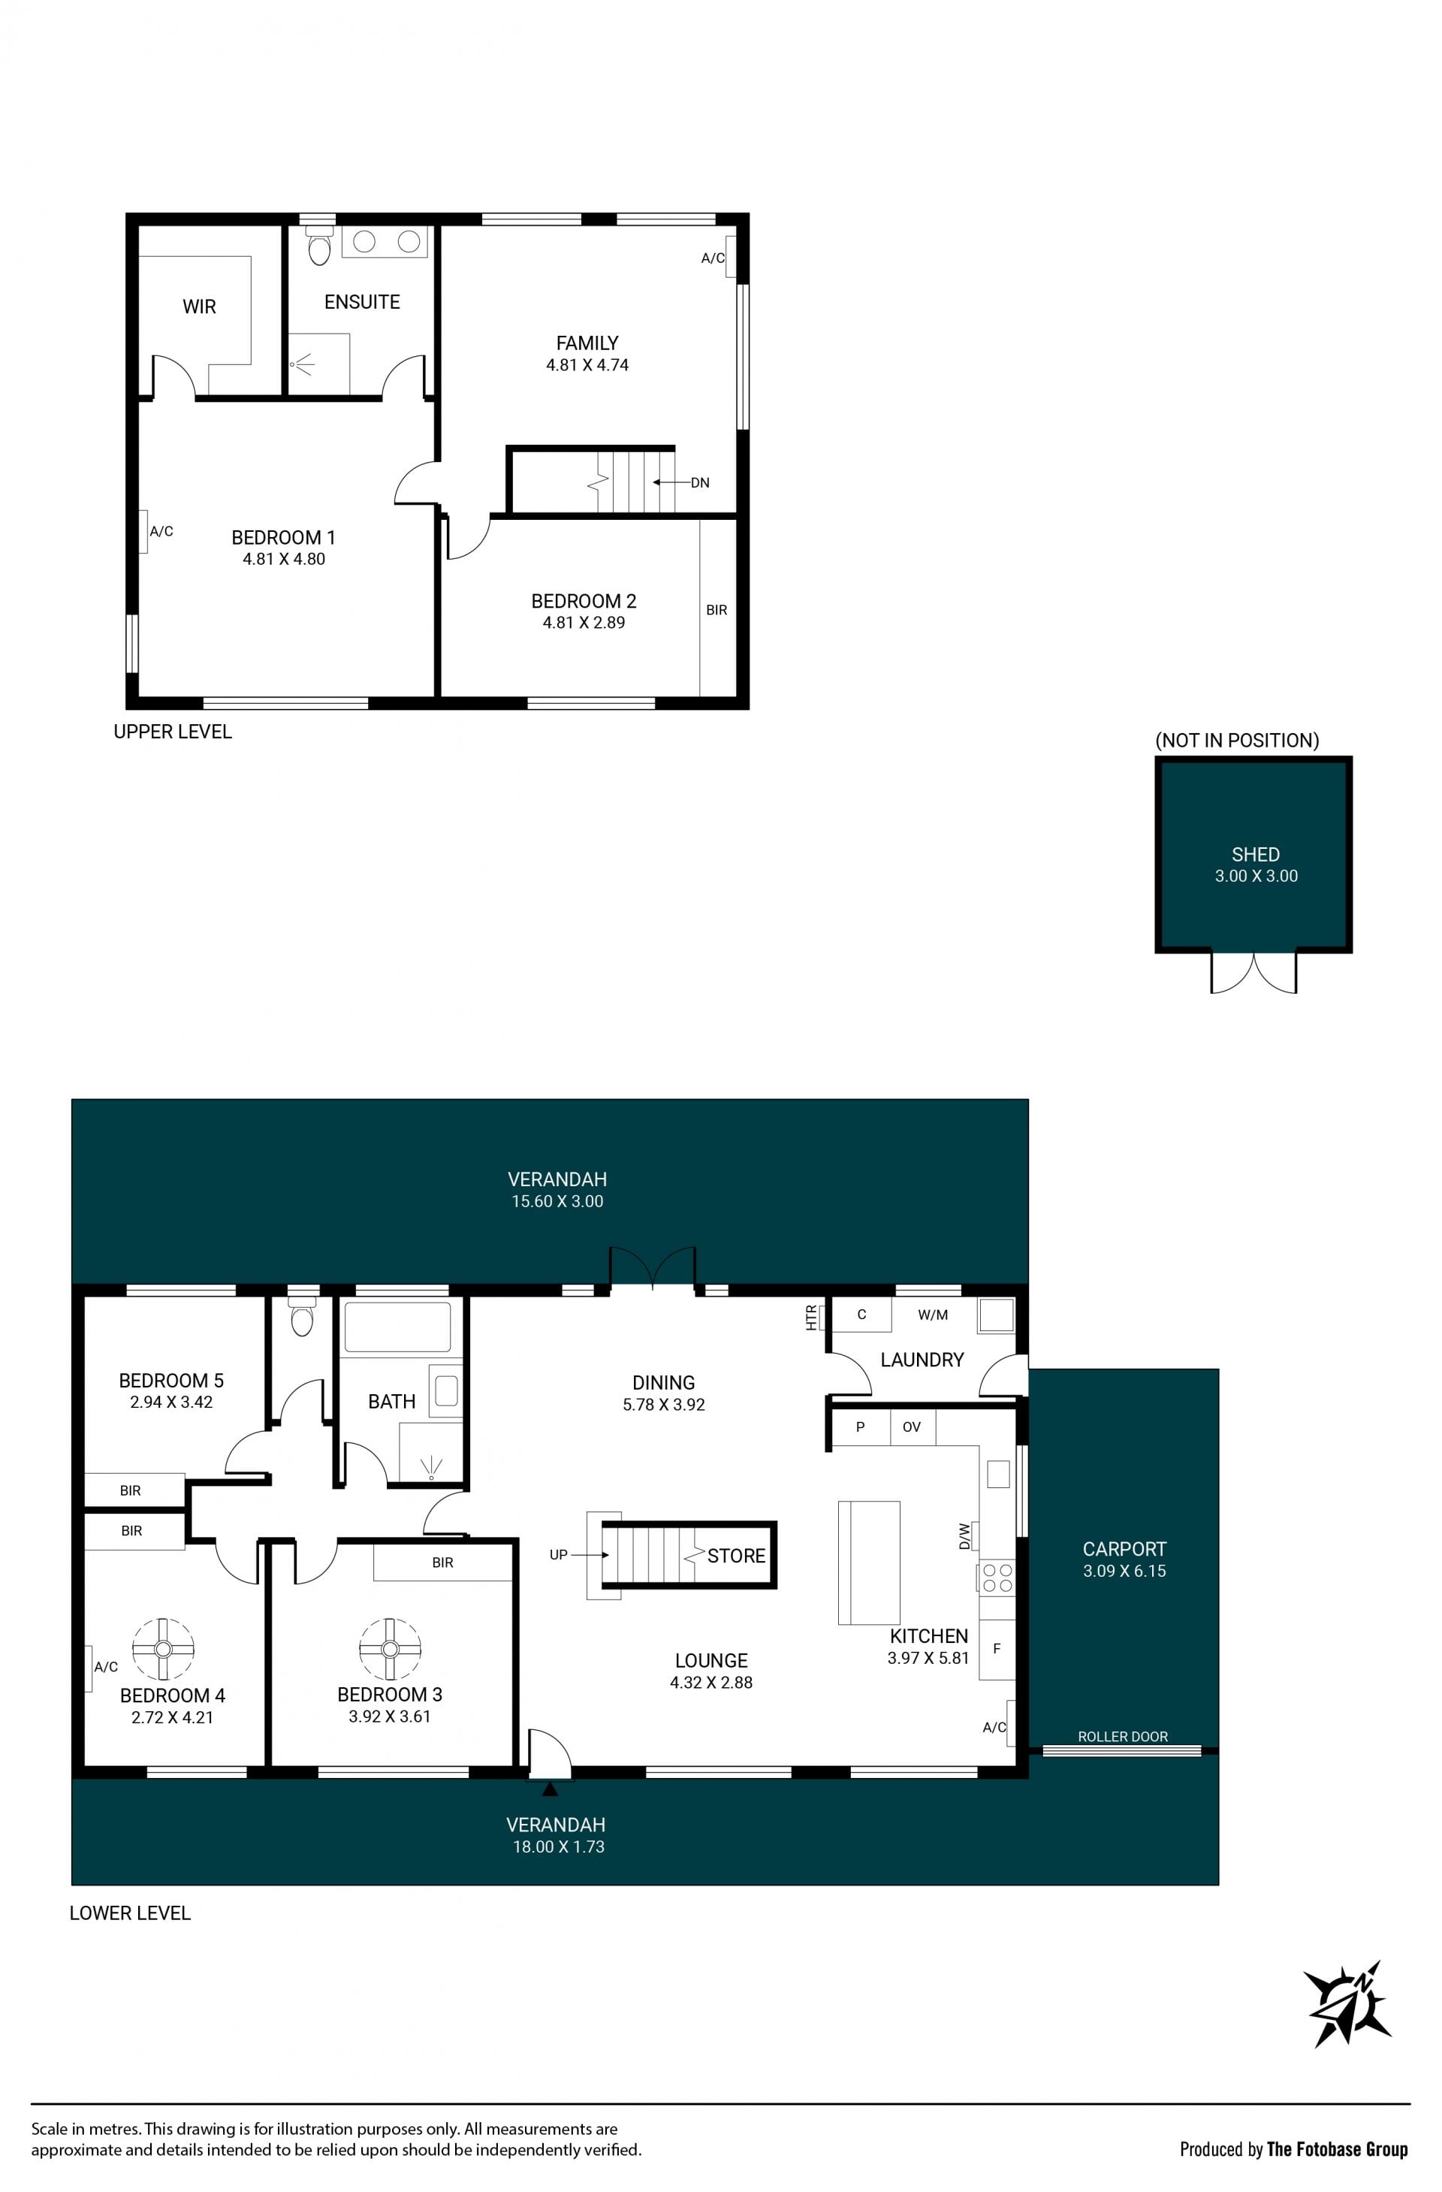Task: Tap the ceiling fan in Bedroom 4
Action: [x=163, y=1649]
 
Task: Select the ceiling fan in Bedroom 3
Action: [x=390, y=1649]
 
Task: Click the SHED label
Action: [x=1255, y=854]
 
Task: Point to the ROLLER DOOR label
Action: [x=1123, y=1736]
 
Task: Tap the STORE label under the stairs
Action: [x=736, y=1556]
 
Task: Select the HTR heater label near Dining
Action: [x=811, y=1317]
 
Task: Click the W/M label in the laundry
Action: [x=933, y=1315]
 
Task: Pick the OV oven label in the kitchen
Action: [x=912, y=1427]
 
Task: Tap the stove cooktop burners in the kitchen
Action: [x=997, y=1578]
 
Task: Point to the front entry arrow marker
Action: [x=550, y=1789]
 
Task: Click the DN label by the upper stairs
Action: [x=700, y=482]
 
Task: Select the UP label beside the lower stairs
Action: [x=559, y=1555]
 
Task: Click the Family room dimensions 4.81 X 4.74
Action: [x=587, y=365]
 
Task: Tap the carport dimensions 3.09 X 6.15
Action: [x=1124, y=1572]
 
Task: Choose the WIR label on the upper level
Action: [x=199, y=306]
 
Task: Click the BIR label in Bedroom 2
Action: [x=716, y=610]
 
